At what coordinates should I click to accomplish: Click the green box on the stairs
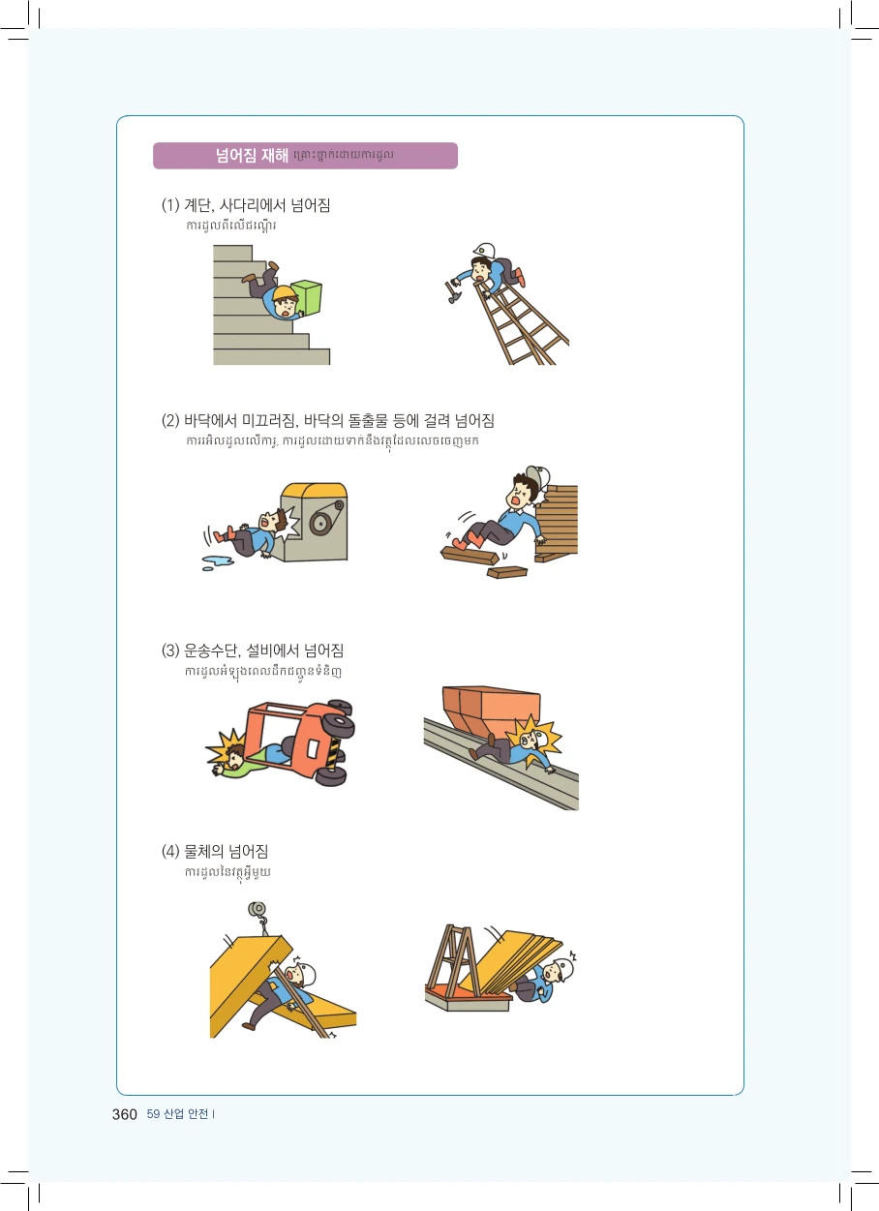(x=307, y=296)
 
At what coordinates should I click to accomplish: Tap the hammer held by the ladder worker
(x=453, y=292)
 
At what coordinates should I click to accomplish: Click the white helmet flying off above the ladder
(x=484, y=251)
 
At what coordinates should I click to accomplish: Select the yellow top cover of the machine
(x=314, y=490)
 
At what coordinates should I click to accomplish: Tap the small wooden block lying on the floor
(x=507, y=572)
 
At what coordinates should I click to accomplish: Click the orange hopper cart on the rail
(x=491, y=710)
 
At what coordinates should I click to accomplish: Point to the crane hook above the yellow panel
(x=258, y=917)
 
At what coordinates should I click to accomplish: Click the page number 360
(x=124, y=1114)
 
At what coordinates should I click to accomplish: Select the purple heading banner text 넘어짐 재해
(x=252, y=156)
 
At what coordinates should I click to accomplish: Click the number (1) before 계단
(x=170, y=205)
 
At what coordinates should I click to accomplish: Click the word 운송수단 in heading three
(x=211, y=651)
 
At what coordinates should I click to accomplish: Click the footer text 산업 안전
(x=186, y=1114)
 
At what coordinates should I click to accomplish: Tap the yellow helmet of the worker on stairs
(x=285, y=293)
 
